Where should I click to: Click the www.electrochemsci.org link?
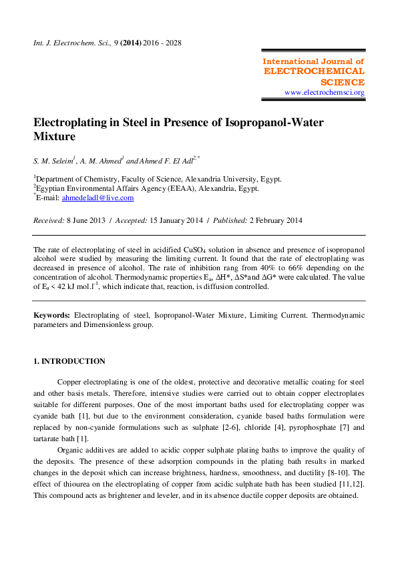(x=325, y=92)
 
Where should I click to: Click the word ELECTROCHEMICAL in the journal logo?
(x=315, y=71)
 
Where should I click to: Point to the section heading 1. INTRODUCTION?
(x=69, y=361)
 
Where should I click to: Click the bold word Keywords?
(x=51, y=313)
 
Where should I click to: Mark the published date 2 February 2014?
(x=267, y=220)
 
